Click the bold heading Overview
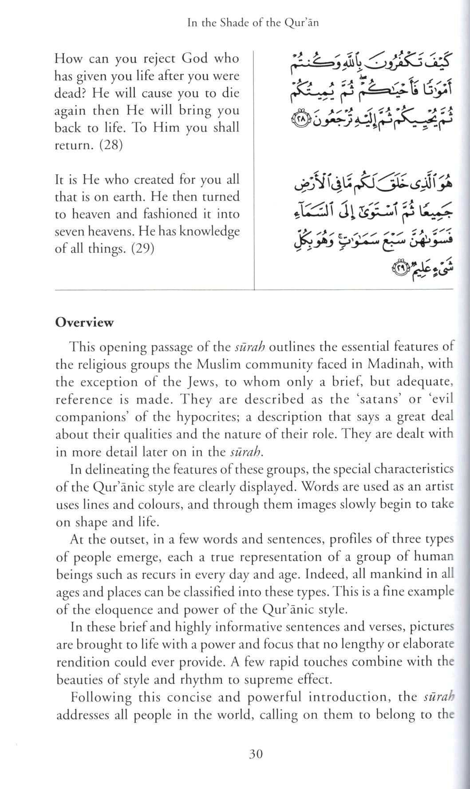[84, 322]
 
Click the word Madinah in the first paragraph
[394, 364]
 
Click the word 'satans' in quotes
[380, 399]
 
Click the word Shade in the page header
[234, 23]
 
